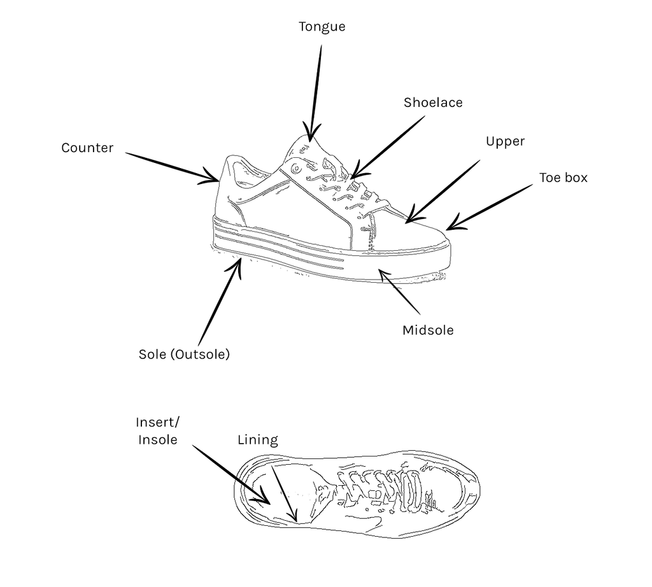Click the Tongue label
322,27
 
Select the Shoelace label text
433,103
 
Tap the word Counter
87,148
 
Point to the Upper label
505,141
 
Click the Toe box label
563,178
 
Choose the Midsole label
428,330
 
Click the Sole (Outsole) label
184,355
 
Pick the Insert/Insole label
158,431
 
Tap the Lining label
258,440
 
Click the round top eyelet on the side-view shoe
297,168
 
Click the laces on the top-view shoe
382,490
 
